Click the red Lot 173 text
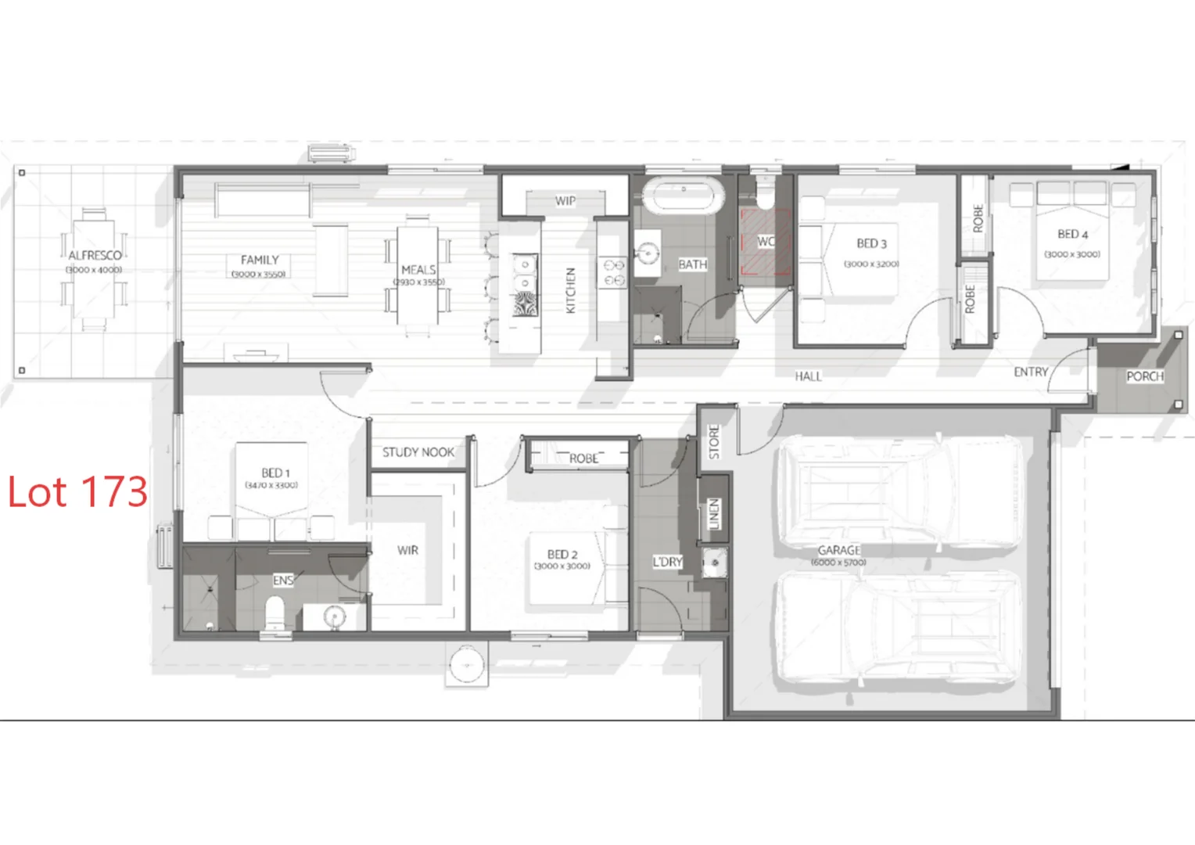pos(77,492)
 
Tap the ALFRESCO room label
pos(95,255)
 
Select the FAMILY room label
pos(260,260)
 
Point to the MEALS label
pos(418,270)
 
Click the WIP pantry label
pos(565,201)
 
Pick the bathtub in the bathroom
pos(684,196)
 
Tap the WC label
pos(766,242)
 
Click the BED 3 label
pos(871,243)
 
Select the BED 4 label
pos(1072,234)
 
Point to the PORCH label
pos(1145,376)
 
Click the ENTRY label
pos(1031,372)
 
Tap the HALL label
pos(808,376)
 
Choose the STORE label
pos(714,441)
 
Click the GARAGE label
pos(839,550)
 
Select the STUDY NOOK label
pos(418,452)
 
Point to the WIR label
pos(407,550)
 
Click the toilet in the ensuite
pos(275,613)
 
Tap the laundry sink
pos(714,563)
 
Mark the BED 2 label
pos(562,554)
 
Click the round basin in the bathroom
pos(648,253)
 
